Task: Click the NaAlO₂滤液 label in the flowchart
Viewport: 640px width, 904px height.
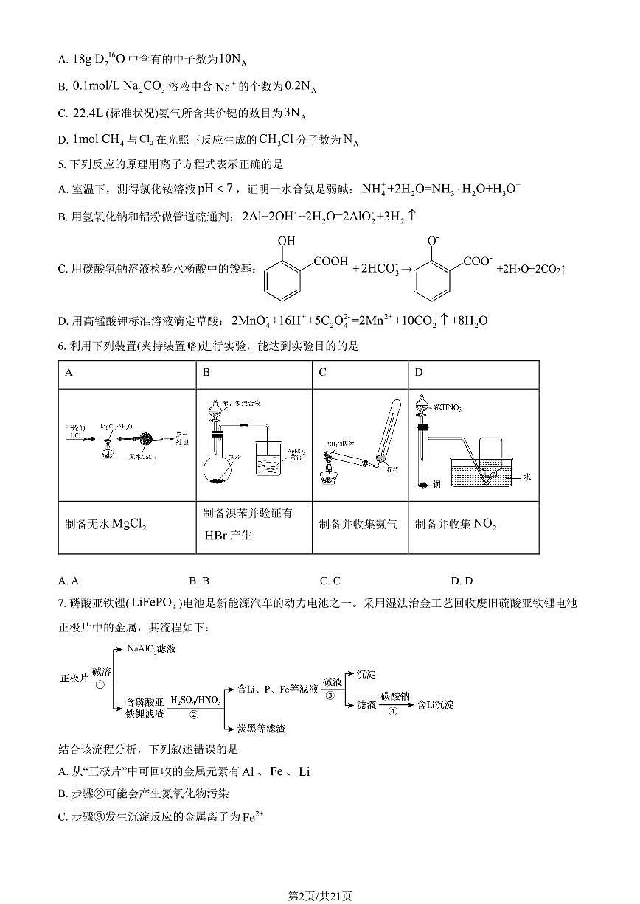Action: click(152, 648)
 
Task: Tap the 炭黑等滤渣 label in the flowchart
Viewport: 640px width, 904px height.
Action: click(261, 729)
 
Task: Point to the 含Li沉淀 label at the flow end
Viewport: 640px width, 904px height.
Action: click(435, 704)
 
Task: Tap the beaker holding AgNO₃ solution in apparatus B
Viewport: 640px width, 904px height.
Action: click(274, 463)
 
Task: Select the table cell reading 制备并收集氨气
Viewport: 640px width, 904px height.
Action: click(358, 524)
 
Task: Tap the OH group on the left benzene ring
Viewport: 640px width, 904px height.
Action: click(287, 241)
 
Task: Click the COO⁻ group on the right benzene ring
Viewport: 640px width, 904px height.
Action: click(479, 262)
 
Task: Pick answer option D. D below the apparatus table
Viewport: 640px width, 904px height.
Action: click(462, 581)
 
